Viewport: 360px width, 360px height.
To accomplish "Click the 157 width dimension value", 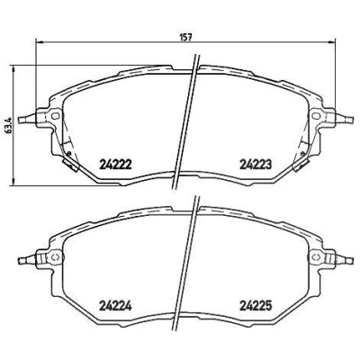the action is point(185,37).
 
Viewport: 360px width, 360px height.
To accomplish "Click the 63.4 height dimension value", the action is point(9,125).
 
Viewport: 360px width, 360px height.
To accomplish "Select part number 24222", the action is point(115,164).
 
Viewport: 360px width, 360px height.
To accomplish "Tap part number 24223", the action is point(256,164).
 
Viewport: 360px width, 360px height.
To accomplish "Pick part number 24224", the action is point(115,306).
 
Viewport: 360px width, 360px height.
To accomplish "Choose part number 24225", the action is point(256,306).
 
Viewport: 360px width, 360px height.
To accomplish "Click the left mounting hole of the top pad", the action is point(55,115).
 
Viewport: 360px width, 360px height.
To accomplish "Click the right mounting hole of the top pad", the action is point(316,115).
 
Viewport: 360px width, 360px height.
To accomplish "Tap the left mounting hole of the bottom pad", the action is point(55,257).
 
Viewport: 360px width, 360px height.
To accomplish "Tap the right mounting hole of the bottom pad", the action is point(316,257).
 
